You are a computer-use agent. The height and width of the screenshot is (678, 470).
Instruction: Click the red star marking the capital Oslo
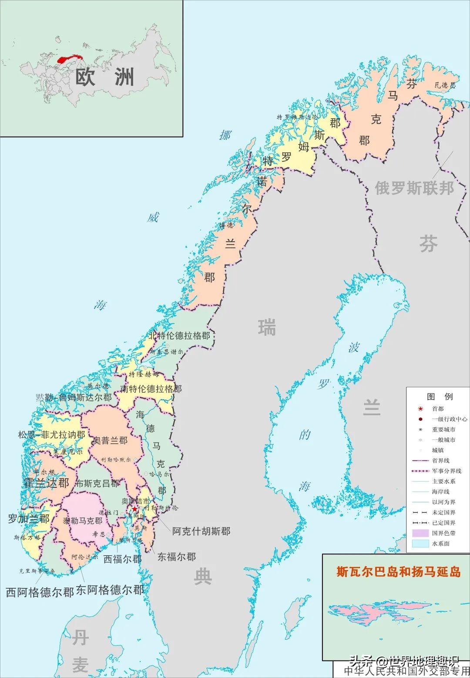(x=135, y=509)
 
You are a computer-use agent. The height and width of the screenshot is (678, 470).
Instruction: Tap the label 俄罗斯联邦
(x=414, y=188)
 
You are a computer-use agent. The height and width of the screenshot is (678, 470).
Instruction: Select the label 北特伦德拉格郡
(x=179, y=336)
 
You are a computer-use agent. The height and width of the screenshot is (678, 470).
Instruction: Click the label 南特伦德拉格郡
(x=151, y=389)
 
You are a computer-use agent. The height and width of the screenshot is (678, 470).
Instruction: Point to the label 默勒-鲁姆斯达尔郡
(x=74, y=397)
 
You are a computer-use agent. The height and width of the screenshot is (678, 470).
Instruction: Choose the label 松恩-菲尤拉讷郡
(x=51, y=435)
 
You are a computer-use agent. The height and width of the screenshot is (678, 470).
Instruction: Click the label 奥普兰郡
(x=111, y=440)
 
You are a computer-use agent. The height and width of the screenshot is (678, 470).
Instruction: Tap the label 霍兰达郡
(x=46, y=483)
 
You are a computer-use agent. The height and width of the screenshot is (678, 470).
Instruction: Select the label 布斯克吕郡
(x=97, y=483)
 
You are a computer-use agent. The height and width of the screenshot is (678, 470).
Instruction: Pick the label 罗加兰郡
(x=29, y=518)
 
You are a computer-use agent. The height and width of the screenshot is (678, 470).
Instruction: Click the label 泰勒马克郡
(x=83, y=520)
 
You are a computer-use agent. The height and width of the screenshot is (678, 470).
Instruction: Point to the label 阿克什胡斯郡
(x=201, y=531)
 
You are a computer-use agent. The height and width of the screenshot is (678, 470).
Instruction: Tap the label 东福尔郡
(x=176, y=557)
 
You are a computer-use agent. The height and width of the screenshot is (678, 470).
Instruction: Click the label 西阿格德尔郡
(x=40, y=592)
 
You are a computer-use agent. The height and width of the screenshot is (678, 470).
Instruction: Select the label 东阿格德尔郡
(x=110, y=590)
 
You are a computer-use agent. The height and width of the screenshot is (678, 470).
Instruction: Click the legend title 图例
(x=440, y=396)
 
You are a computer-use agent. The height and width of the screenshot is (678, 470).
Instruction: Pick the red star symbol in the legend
(x=420, y=409)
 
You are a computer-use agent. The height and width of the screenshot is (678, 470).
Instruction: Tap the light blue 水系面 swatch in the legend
(x=420, y=544)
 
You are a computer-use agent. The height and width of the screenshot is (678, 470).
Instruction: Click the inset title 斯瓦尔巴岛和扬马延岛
(x=398, y=571)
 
